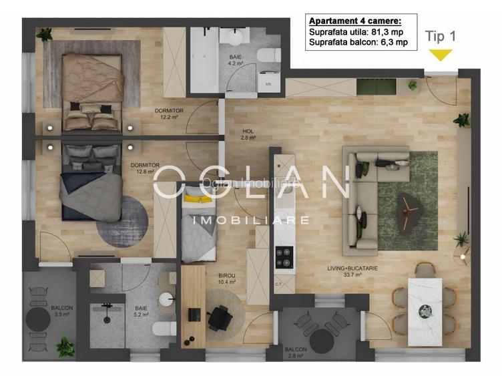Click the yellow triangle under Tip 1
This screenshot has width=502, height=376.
click(440, 55)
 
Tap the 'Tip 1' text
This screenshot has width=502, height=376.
click(441, 37)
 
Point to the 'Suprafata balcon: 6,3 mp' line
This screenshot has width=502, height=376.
click(358, 43)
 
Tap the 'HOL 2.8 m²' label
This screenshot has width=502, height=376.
click(249, 135)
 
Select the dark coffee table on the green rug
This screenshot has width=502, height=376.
click(407, 207)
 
